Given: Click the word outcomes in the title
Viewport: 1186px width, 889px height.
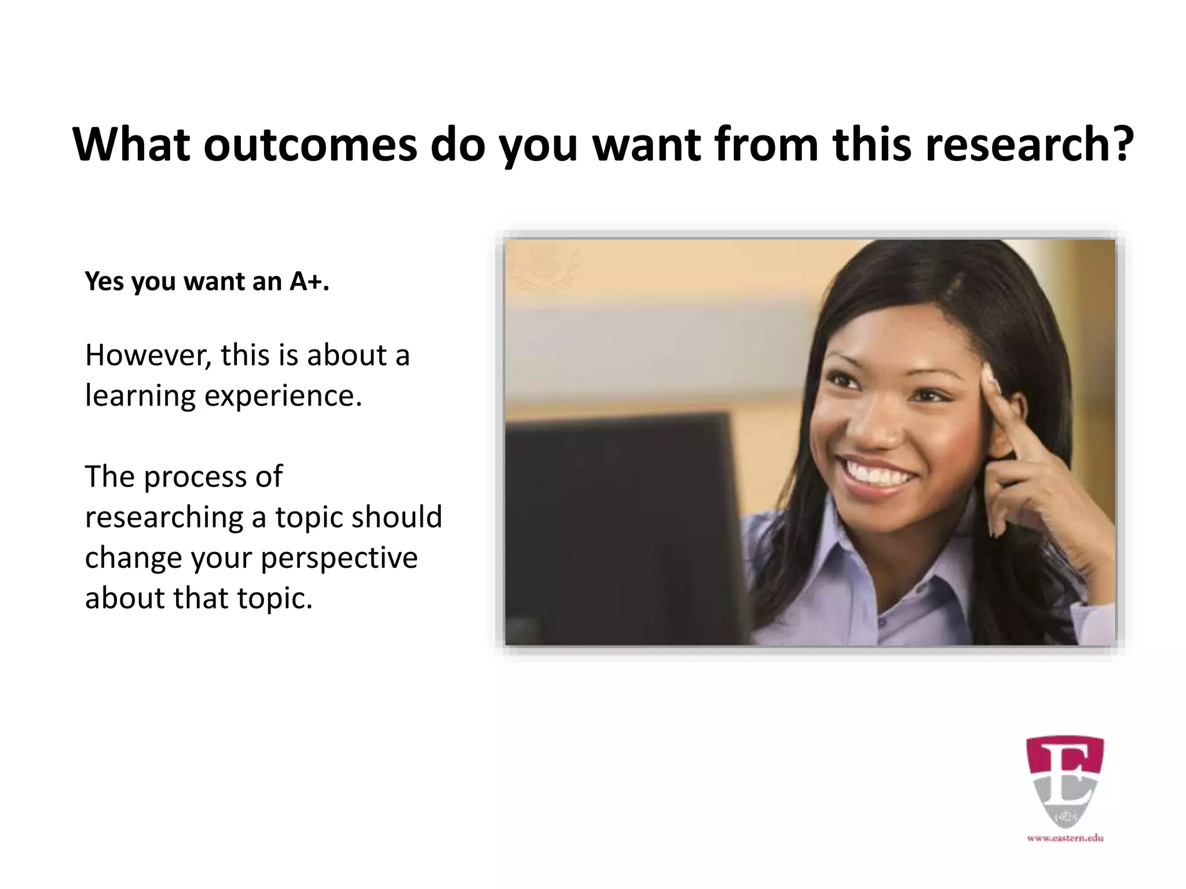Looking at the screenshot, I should click(x=310, y=145).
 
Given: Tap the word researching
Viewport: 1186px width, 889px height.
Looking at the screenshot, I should click(x=164, y=517).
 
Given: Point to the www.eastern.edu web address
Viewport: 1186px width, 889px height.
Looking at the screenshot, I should click(x=1065, y=854).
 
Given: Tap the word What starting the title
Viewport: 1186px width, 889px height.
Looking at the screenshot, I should click(x=131, y=145).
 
